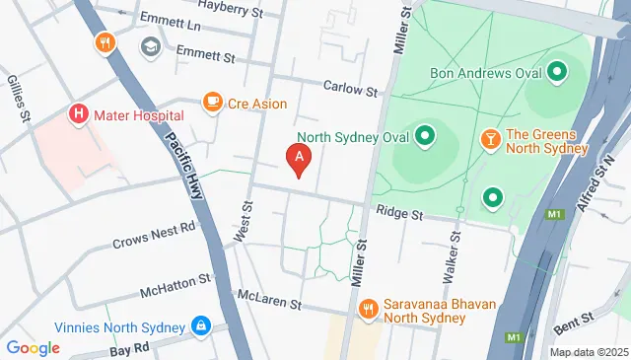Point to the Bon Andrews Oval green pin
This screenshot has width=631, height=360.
click(556, 72)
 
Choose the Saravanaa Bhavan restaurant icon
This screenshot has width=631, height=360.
click(368, 310)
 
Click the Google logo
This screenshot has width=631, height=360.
click(33, 347)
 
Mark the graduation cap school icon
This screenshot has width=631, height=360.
click(150, 45)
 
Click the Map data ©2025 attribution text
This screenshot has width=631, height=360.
click(589, 352)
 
